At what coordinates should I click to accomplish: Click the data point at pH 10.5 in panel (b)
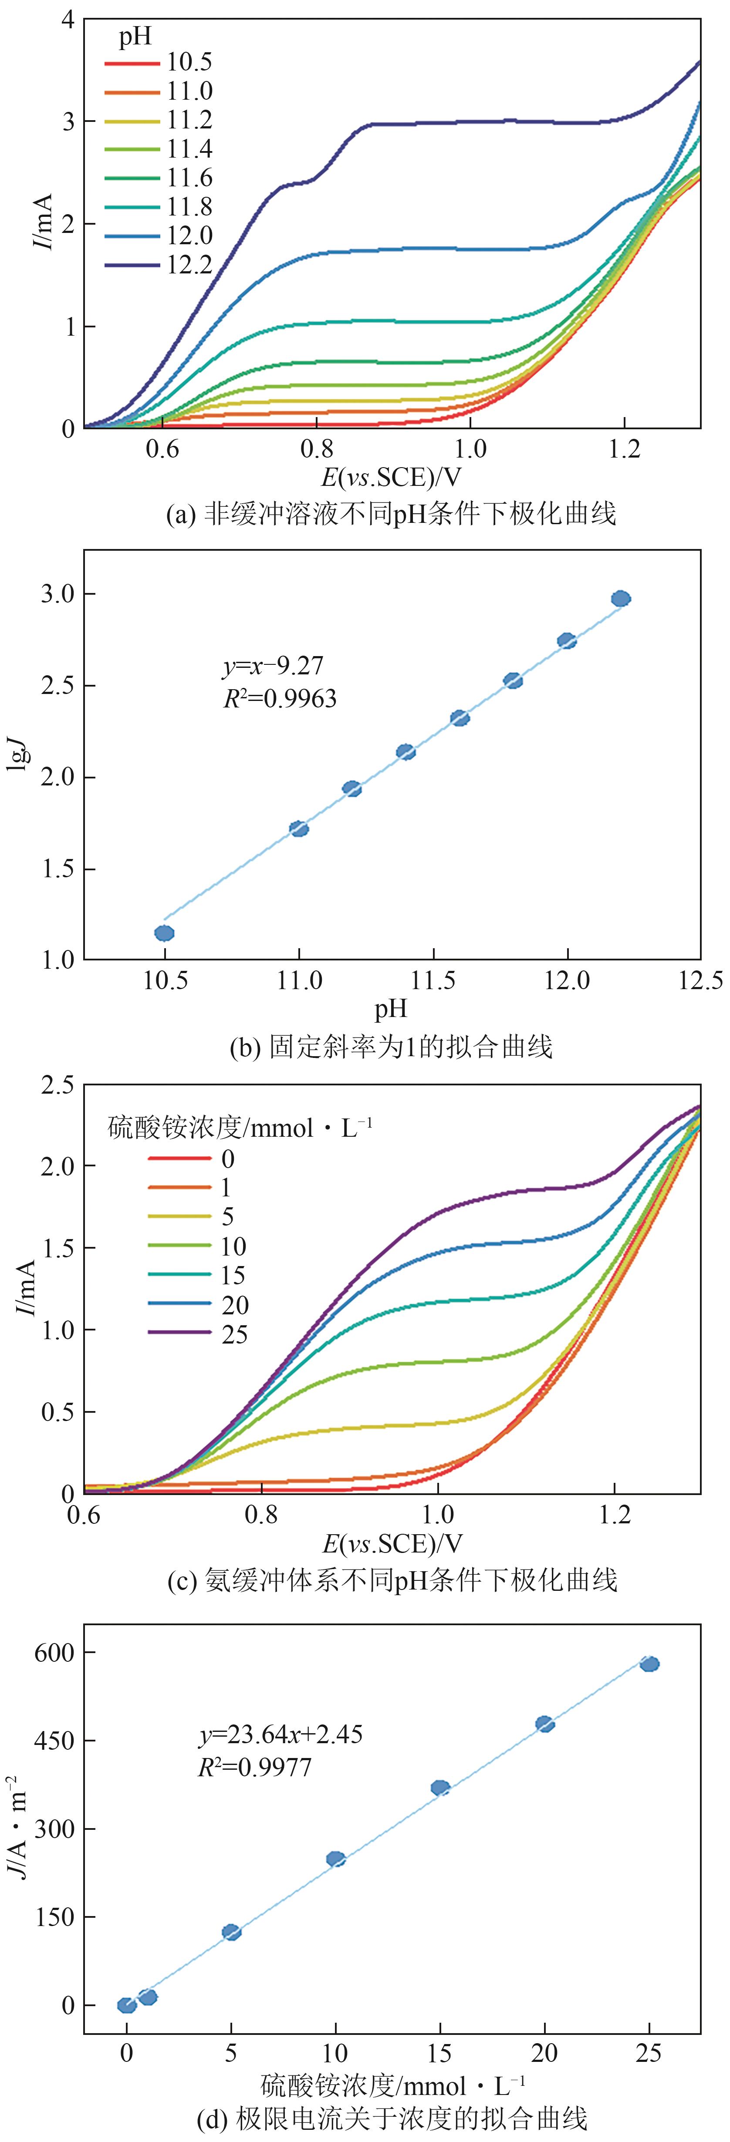(165, 933)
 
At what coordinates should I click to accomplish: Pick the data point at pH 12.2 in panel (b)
(620, 599)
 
